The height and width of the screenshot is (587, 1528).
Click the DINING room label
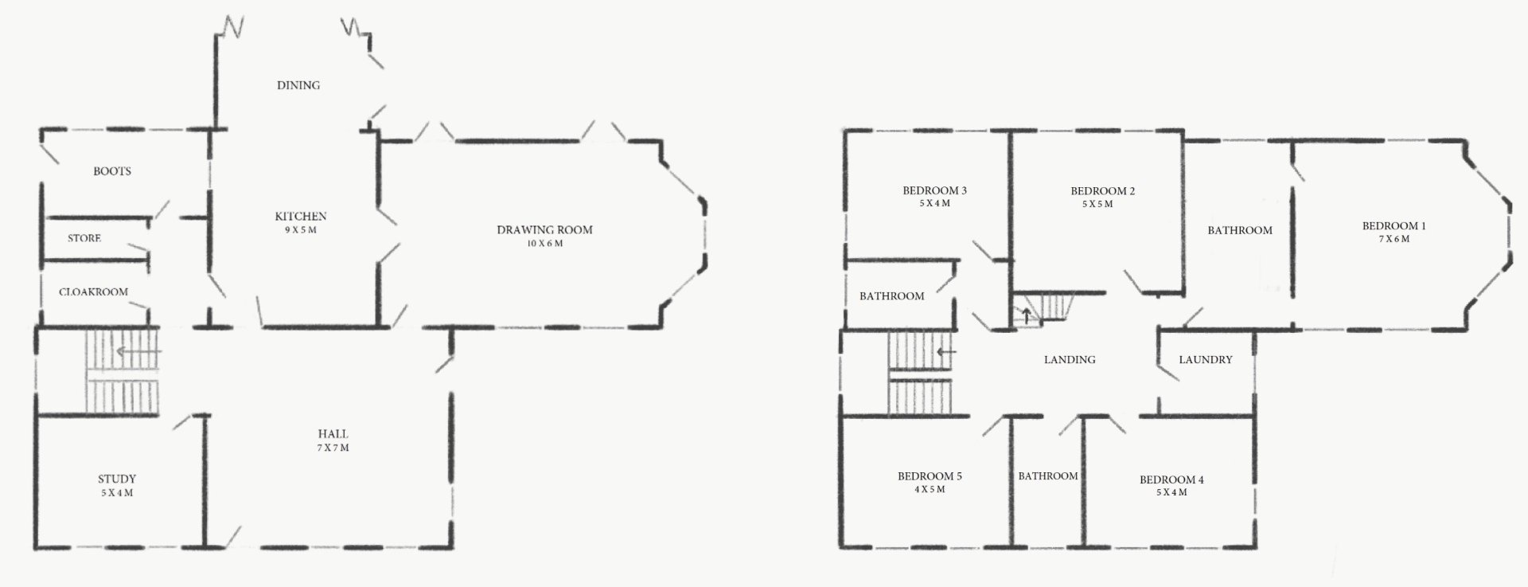coord(298,85)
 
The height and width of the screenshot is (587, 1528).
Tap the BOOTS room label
coord(112,171)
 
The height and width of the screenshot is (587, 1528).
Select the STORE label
coord(84,238)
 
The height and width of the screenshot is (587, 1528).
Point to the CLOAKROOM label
coord(93,292)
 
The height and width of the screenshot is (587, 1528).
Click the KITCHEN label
coord(301,217)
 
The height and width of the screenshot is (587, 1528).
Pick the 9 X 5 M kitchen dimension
coord(301,230)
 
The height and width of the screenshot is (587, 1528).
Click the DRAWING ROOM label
coord(544,230)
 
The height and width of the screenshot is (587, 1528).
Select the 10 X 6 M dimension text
coord(544,244)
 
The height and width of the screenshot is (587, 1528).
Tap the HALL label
coord(333,434)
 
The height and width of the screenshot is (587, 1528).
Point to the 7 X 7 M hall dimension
coord(333,448)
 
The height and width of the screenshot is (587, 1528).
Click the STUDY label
coord(117,479)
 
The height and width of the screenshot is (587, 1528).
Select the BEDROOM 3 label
coord(934,191)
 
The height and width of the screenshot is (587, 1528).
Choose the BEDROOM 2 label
coord(1102,191)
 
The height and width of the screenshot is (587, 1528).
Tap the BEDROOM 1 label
coord(1394,226)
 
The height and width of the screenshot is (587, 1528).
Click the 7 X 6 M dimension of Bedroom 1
coord(1394,239)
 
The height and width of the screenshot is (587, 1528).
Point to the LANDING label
coord(1070,360)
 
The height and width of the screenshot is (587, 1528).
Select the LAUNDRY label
coord(1205,360)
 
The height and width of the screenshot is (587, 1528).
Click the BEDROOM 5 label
coord(930,476)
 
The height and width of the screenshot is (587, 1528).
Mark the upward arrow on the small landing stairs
coord(1027,315)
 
